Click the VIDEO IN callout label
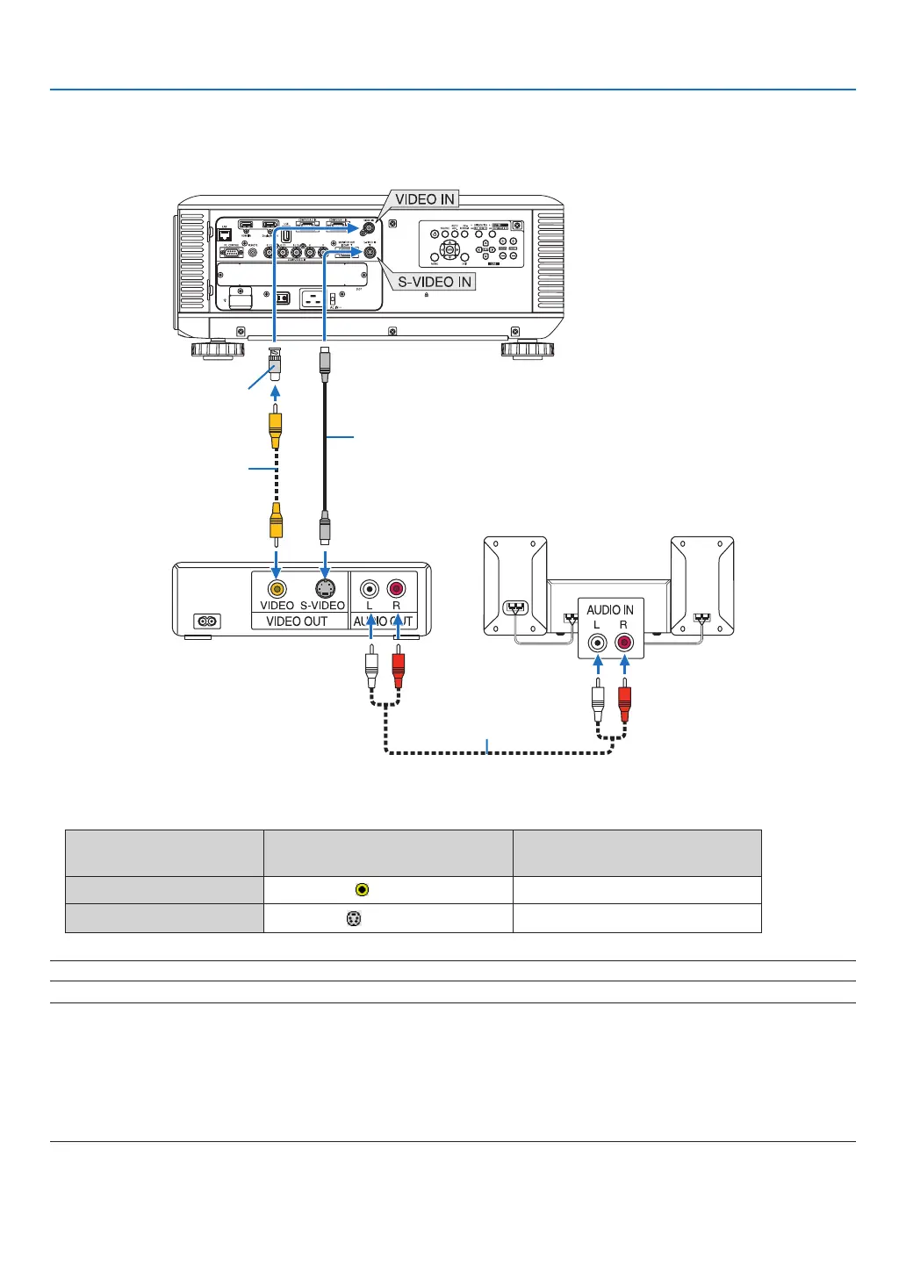point(425,199)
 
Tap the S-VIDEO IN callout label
point(435,282)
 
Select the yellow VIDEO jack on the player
point(277,588)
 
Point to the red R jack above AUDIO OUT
point(396,588)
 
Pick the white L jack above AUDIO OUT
point(370,588)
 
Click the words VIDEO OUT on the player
point(297,622)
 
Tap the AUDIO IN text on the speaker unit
point(610,609)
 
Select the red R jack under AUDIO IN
point(624,643)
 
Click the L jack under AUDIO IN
point(598,643)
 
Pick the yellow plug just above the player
point(277,523)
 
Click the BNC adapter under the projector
point(276,364)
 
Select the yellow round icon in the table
point(362,890)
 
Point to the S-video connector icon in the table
point(354,918)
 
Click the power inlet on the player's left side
point(207,622)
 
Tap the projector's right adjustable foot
point(528,349)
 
